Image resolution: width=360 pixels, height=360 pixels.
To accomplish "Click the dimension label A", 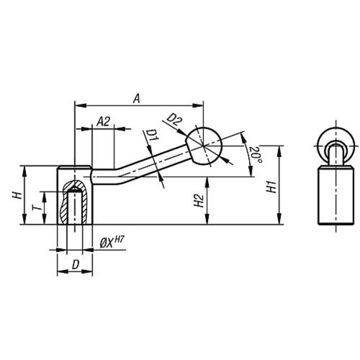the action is point(137,99).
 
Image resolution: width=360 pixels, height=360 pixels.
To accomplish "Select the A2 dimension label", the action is point(104,121).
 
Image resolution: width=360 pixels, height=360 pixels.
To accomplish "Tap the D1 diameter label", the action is point(152,135).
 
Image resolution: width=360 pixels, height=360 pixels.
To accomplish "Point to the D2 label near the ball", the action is point(175,119).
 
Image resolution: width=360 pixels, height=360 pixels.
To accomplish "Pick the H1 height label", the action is point(271,187).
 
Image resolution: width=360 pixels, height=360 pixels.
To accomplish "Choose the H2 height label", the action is point(199,200).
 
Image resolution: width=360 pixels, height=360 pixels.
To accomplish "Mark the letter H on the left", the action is point(17,196).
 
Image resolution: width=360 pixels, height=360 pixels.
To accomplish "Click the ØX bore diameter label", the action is point(107,243).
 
